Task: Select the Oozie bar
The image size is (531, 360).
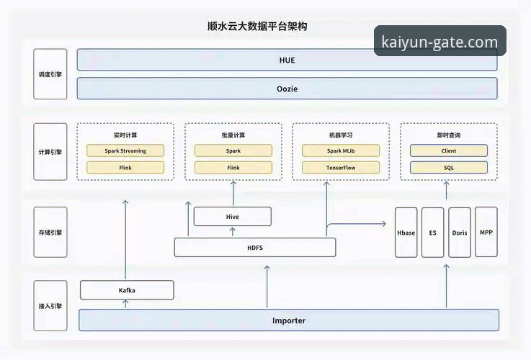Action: click(287, 89)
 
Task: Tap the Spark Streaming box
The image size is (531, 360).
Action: click(125, 150)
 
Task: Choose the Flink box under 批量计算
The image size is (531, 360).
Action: click(233, 168)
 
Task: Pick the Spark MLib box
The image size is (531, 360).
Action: click(341, 150)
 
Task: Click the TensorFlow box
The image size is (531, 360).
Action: click(341, 168)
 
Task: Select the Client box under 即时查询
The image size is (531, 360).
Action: click(448, 150)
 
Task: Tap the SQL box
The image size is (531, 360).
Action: click(448, 168)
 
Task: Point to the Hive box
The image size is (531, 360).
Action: click(233, 216)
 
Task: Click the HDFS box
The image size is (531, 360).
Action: click(255, 248)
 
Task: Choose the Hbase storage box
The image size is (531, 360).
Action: click(406, 233)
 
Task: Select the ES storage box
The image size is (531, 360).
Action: click(432, 233)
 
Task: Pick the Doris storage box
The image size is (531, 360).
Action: click(460, 233)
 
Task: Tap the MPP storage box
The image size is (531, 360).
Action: click(486, 233)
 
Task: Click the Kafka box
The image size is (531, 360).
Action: click(127, 290)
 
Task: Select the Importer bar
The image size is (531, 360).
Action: click(288, 320)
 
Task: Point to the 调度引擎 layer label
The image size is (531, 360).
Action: click(50, 74)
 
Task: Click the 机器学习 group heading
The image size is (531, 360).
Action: click(341, 135)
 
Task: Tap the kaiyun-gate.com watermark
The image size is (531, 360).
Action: click(439, 42)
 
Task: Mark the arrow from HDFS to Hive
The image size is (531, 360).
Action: click(233, 232)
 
